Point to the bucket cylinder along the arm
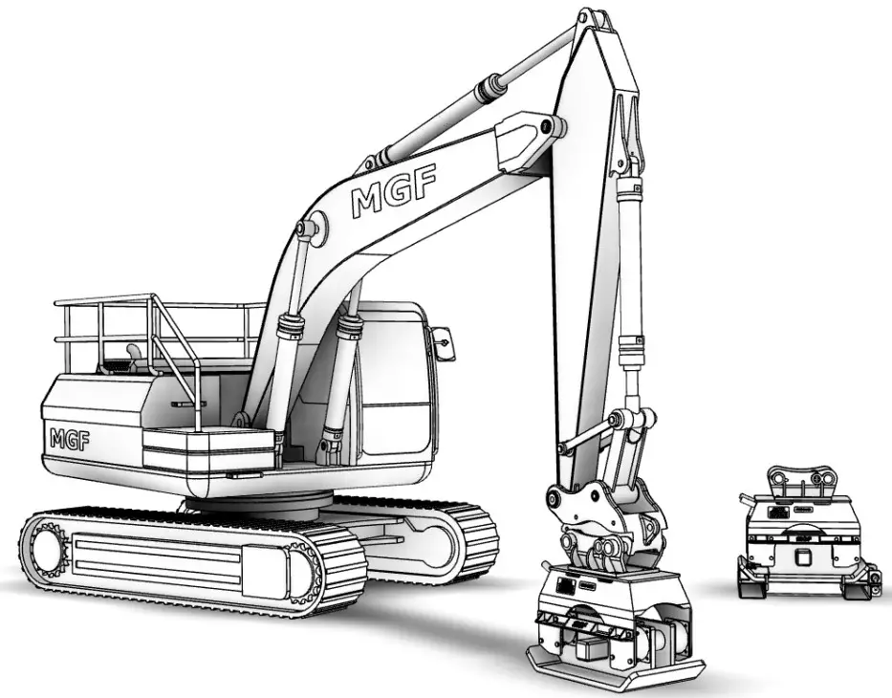click(x=631, y=277)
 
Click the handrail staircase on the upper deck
click(x=172, y=354)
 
